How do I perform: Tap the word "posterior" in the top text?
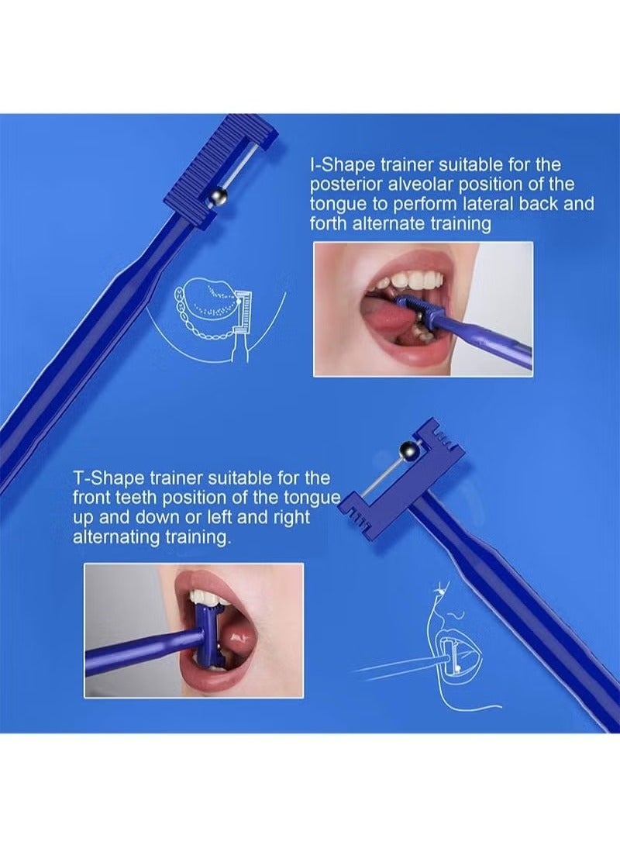pos(342,185)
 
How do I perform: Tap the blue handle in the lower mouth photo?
pos(139,652)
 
